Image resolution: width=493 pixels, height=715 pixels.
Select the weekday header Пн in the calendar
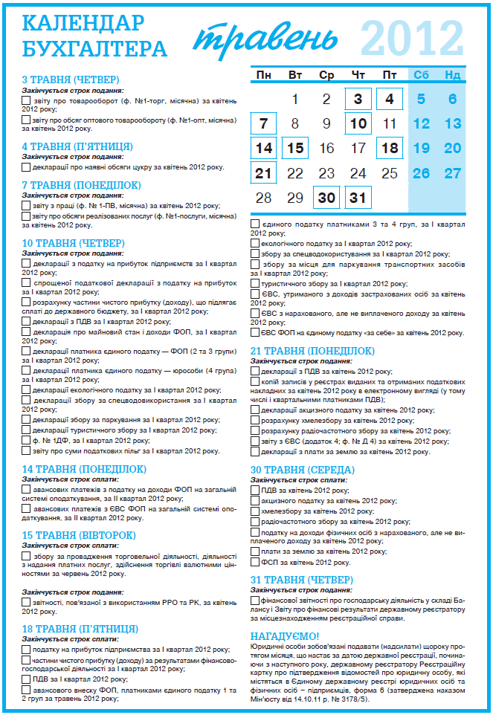pyautogui.click(x=263, y=75)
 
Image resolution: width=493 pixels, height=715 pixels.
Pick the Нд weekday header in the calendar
pyautogui.click(x=452, y=75)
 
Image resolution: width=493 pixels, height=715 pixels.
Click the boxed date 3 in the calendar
pyautogui.click(x=358, y=99)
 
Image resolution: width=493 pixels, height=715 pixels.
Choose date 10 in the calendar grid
pyautogui.click(x=358, y=123)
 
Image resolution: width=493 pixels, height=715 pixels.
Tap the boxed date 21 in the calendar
pyautogui.click(x=263, y=173)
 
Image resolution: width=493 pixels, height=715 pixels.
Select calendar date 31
pyautogui.click(x=358, y=198)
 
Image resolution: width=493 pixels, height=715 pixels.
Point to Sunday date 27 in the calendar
pyautogui.click(x=452, y=173)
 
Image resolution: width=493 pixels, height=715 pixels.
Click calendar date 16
pyautogui.click(x=326, y=148)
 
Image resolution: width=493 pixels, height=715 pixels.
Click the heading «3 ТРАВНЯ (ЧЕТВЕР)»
pyautogui.click(x=71, y=80)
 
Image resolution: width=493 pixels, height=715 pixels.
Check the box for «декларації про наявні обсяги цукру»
pyautogui.click(x=26, y=167)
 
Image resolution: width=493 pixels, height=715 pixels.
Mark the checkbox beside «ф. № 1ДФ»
pyautogui.click(x=26, y=439)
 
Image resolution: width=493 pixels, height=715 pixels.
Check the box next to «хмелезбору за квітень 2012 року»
pyautogui.click(x=255, y=511)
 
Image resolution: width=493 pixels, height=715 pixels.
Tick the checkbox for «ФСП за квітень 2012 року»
pyautogui.click(x=255, y=563)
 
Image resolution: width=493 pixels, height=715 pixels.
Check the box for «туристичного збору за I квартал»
pyautogui.click(x=255, y=283)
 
